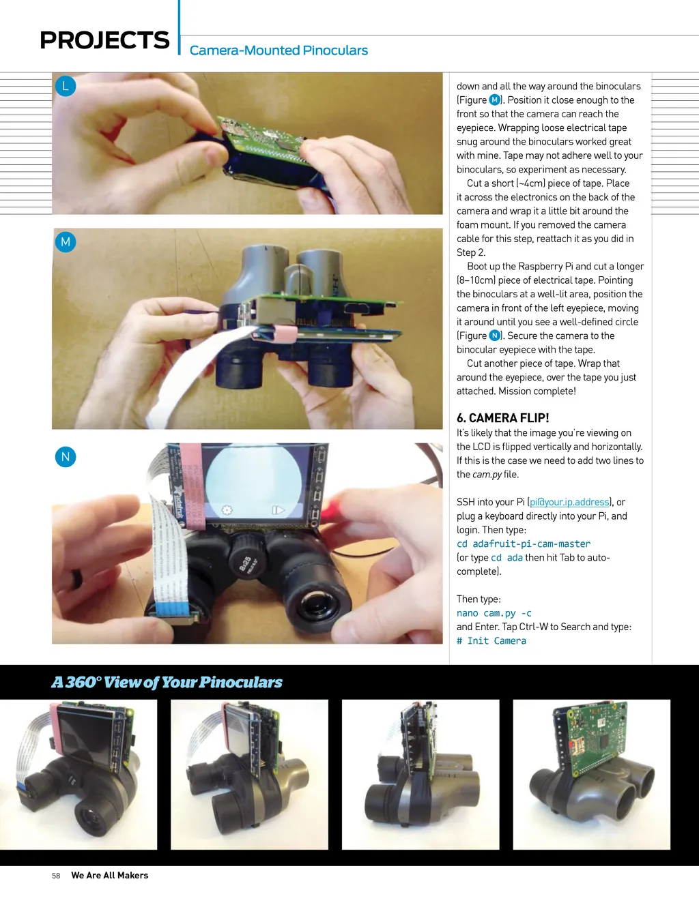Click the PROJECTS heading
click(x=104, y=40)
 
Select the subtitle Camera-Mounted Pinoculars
click(x=279, y=50)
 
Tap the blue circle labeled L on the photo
click(x=66, y=86)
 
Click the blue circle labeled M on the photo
click(x=66, y=241)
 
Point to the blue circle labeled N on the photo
click(x=66, y=457)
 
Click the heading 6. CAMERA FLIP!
click(x=502, y=418)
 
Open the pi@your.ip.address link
click(x=569, y=502)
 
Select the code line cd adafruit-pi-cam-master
click(x=524, y=544)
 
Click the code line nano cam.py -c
click(x=494, y=612)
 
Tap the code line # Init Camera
click(x=491, y=641)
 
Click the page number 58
click(x=56, y=876)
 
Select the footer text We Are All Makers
click(x=109, y=875)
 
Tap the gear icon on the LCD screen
click(x=227, y=509)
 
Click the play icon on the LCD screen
click(x=278, y=510)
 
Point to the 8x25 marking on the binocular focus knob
click(x=245, y=562)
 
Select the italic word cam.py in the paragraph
click(x=487, y=474)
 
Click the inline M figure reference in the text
click(x=494, y=100)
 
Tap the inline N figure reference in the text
click(x=494, y=336)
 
